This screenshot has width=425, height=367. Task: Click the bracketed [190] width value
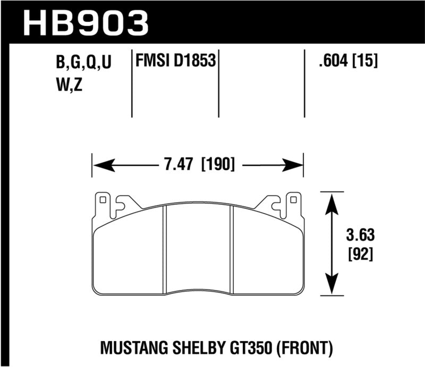coord(218,164)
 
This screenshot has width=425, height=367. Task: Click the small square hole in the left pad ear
coord(103,200)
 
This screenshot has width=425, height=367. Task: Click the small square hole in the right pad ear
coord(291,200)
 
